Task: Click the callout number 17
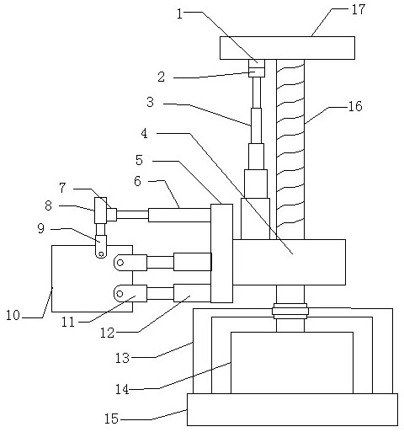pyautogui.click(x=359, y=9)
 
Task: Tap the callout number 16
pyautogui.click(x=355, y=106)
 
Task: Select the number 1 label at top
pyautogui.click(x=179, y=13)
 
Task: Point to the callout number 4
pyautogui.click(x=144, y=133)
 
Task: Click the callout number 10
pyautogui.click(x=13, y=315)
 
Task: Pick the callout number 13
pyautogui.click(x=122, y=358)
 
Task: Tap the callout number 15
pyautogui.click(x=112, y=419)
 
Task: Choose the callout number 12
pyautogui.click(x=108, y=333)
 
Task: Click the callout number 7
pyautogui.click(x=62, y=188)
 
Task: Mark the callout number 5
pyautogui.click(x=139, y=160)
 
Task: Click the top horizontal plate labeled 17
pyautogui.click(x=287, y=48)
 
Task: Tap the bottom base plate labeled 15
pyautogui.click(x=292, y=409)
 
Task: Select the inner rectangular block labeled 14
pyautogui.click(x=292, y=363)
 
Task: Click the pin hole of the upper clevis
pyautogui.click(x=120, y=263)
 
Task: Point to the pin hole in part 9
pyautogui.click(x=101, y=254)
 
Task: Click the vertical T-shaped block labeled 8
pyautogui.click(x=100, y=211)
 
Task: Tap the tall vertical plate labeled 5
pyautogui.click(x=221, y=253)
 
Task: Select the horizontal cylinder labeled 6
pyautogui.click(x=179, y=215)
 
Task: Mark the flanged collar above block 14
pyautogui.click(x=290, y=311)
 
